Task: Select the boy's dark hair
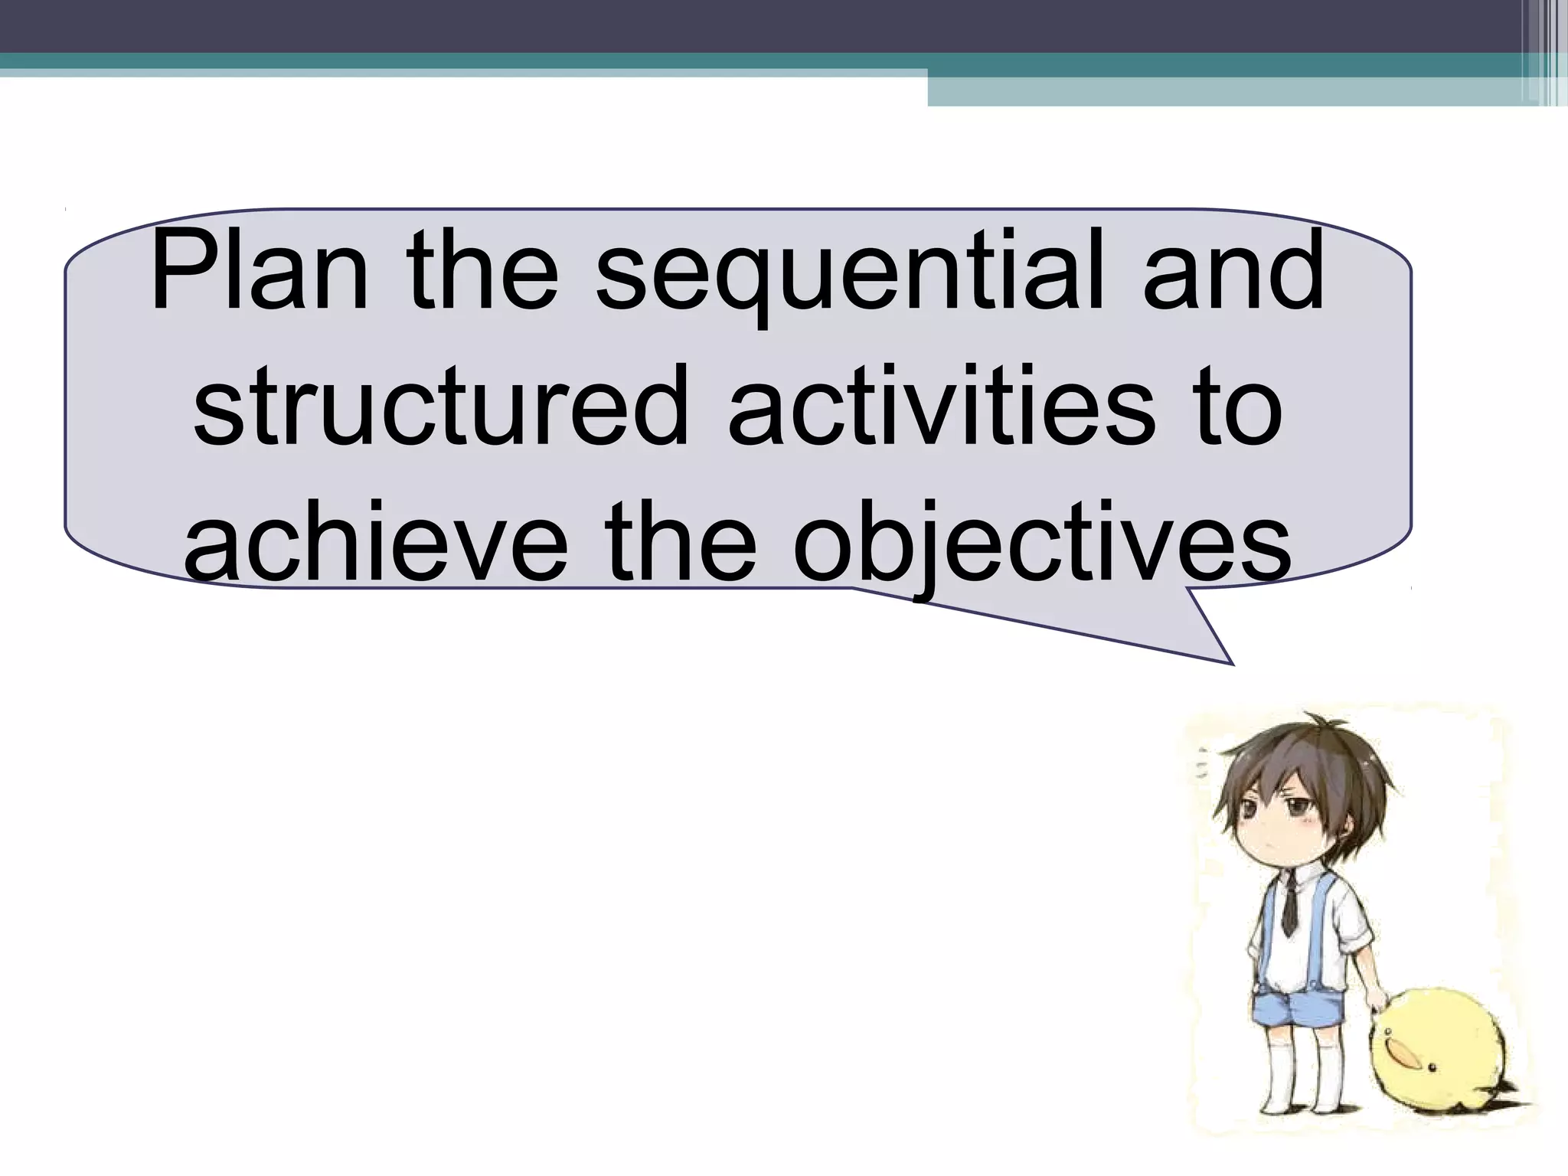[x=1302, y=766]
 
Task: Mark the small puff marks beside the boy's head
[x=1204, y=766]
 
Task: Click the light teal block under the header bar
[x=1225, y=91]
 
